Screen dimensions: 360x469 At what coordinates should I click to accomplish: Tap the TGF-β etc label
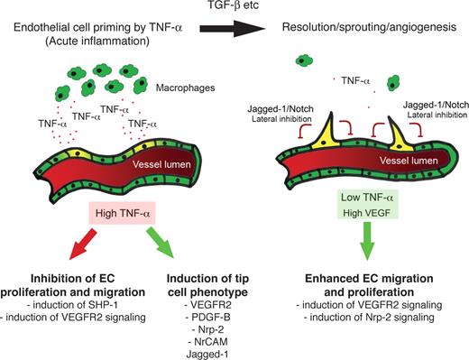[x=233, y=11]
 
